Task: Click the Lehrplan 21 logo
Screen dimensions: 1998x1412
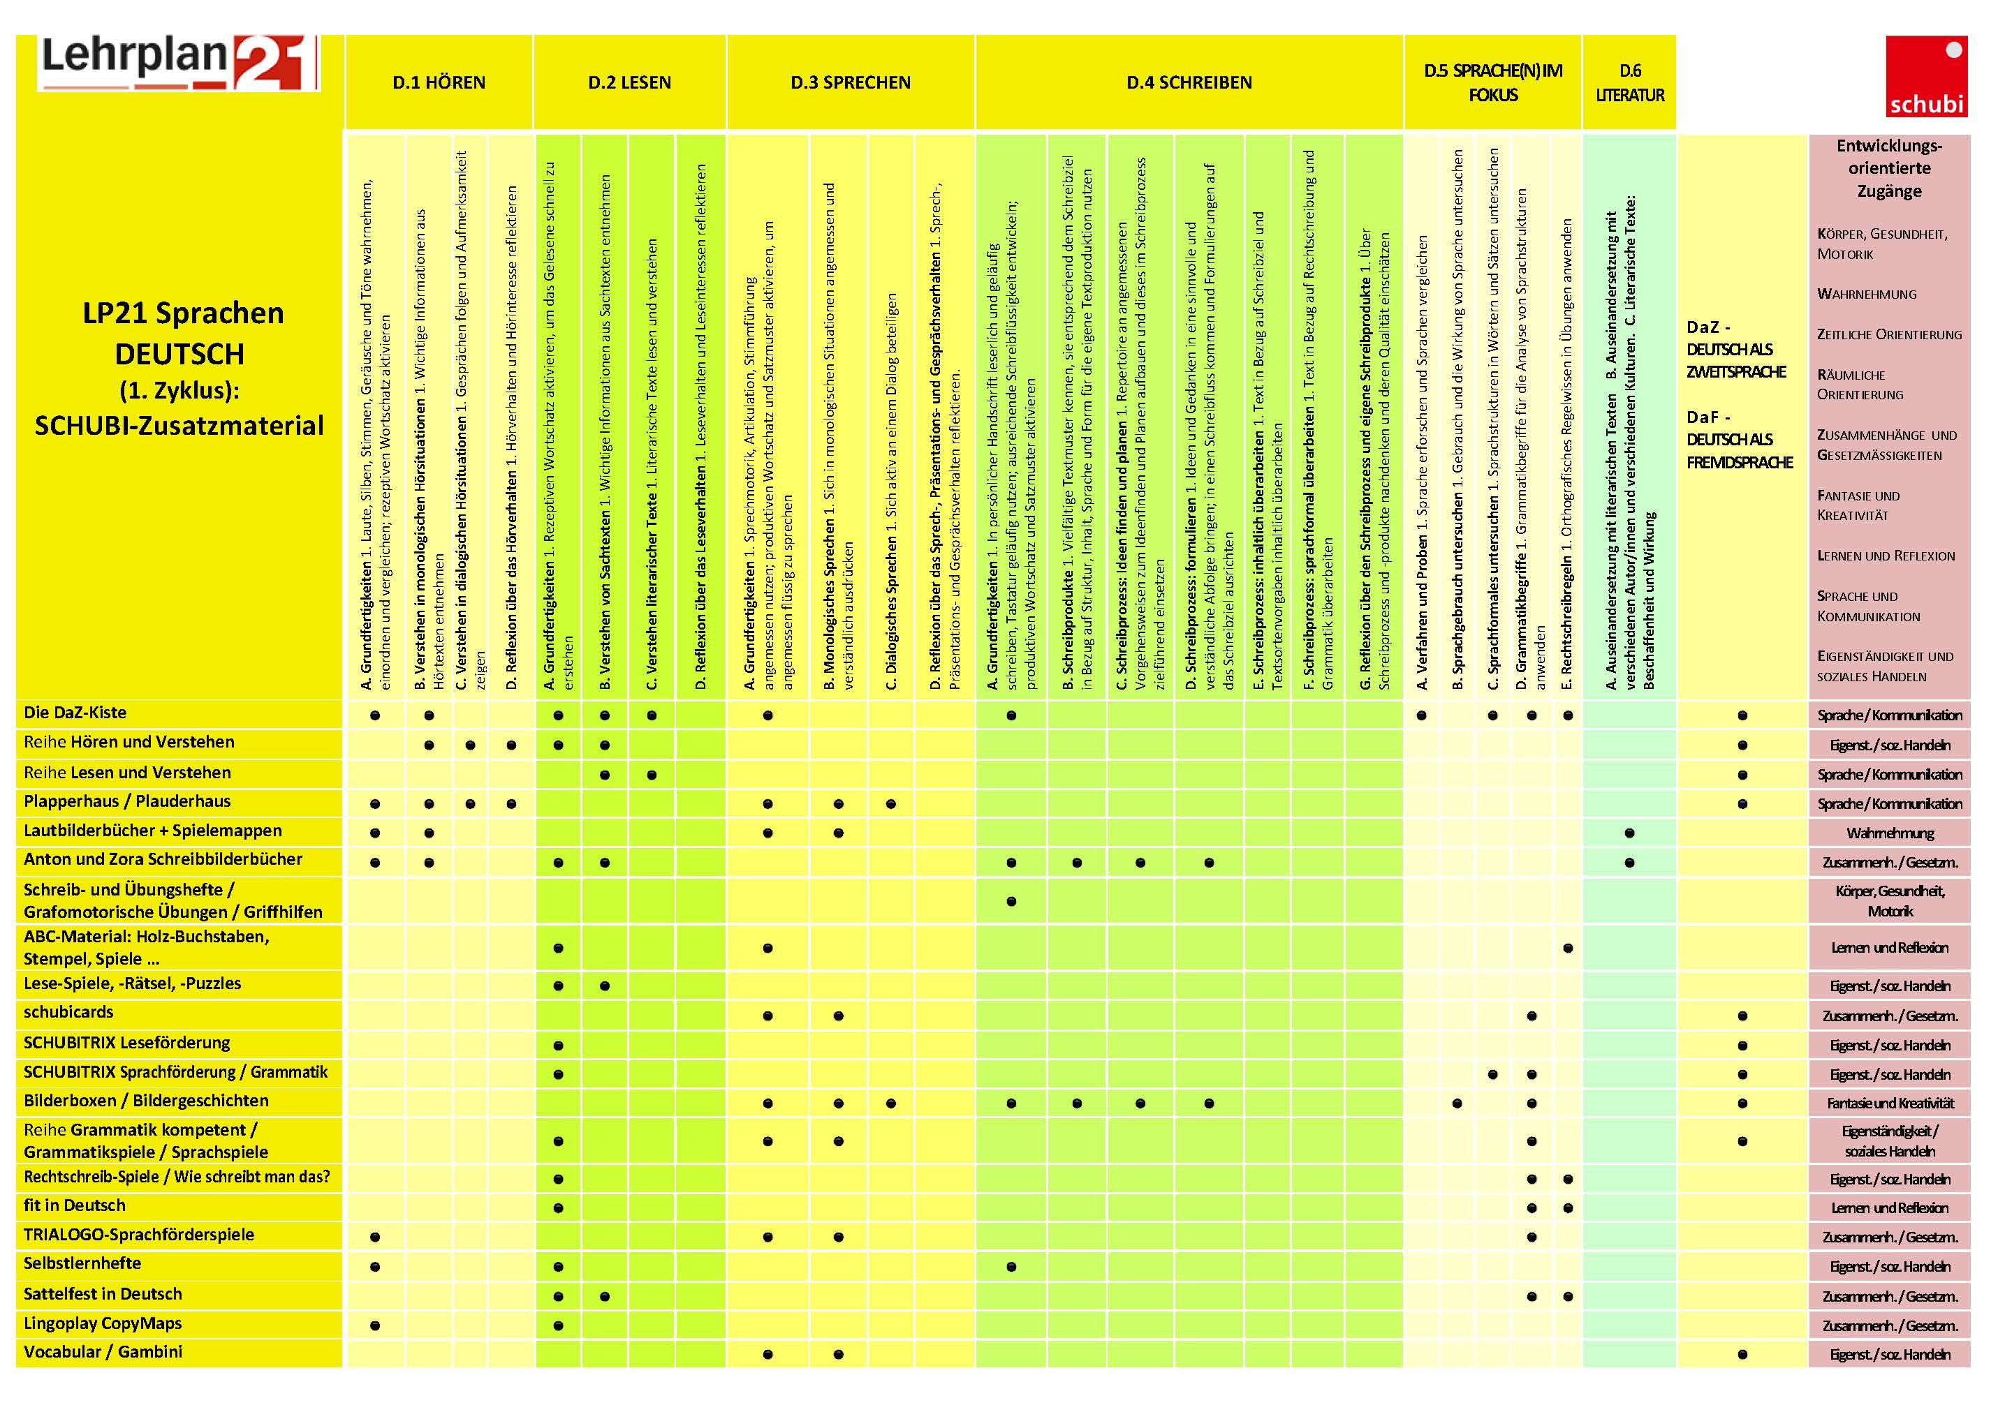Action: coord(178,63)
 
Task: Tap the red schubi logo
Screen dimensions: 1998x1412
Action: coord(1926,77)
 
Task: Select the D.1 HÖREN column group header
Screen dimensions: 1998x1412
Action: coord(439,82)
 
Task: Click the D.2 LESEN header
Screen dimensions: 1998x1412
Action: coord(629,82)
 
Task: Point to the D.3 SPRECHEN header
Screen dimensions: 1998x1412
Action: coord(850,82)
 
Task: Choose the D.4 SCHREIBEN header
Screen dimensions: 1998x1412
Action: coord(1189,82)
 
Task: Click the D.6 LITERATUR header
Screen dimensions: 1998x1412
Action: coord(1629,82)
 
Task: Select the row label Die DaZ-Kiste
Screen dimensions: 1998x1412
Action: coord(75,713)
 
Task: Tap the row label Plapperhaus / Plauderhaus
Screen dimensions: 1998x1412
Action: coord(127,801)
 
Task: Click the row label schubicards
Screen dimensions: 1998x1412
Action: coord(68,1013)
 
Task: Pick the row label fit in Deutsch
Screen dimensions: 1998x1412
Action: coord(75,1206)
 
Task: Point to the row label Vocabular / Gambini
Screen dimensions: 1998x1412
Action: coord(103,1352)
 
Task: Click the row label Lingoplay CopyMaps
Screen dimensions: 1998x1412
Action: coord(103,1323)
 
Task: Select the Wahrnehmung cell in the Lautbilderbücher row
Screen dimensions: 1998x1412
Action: coord(1889,833)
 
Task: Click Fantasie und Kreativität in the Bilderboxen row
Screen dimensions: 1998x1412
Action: coord(1889,1103)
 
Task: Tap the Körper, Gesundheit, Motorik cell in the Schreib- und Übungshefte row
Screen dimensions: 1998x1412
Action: coord(1889,900)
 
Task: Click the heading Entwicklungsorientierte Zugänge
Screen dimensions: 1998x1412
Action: coord(1889,168)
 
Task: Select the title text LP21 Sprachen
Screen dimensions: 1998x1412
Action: coord(183,313)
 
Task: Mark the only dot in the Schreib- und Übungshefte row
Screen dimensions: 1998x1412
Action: coord(1011,901)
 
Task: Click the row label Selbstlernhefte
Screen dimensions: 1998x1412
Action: coord(82,1263)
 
